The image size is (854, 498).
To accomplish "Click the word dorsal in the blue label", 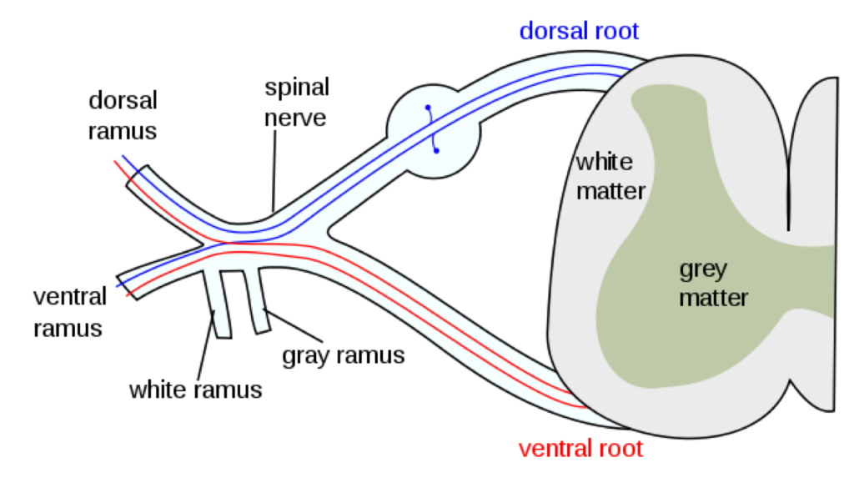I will click(553, 32).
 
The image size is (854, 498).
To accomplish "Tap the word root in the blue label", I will click(616, 32).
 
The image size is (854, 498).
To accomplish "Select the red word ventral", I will click(555, 449).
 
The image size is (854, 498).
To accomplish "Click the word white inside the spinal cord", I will click(604, 162).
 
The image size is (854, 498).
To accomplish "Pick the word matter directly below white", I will click(610, 191).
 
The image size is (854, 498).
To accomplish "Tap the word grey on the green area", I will click(703, 270).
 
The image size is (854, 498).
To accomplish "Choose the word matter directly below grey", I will click(713, 298).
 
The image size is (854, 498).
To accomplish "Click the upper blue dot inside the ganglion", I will click(428, 108).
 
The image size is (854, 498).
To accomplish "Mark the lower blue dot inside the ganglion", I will click(436, 151).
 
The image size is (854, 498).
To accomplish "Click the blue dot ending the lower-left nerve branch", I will click(118, 286).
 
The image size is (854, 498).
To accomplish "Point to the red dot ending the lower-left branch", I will click(127, 295).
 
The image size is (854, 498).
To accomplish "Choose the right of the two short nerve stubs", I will click(256, 300).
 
